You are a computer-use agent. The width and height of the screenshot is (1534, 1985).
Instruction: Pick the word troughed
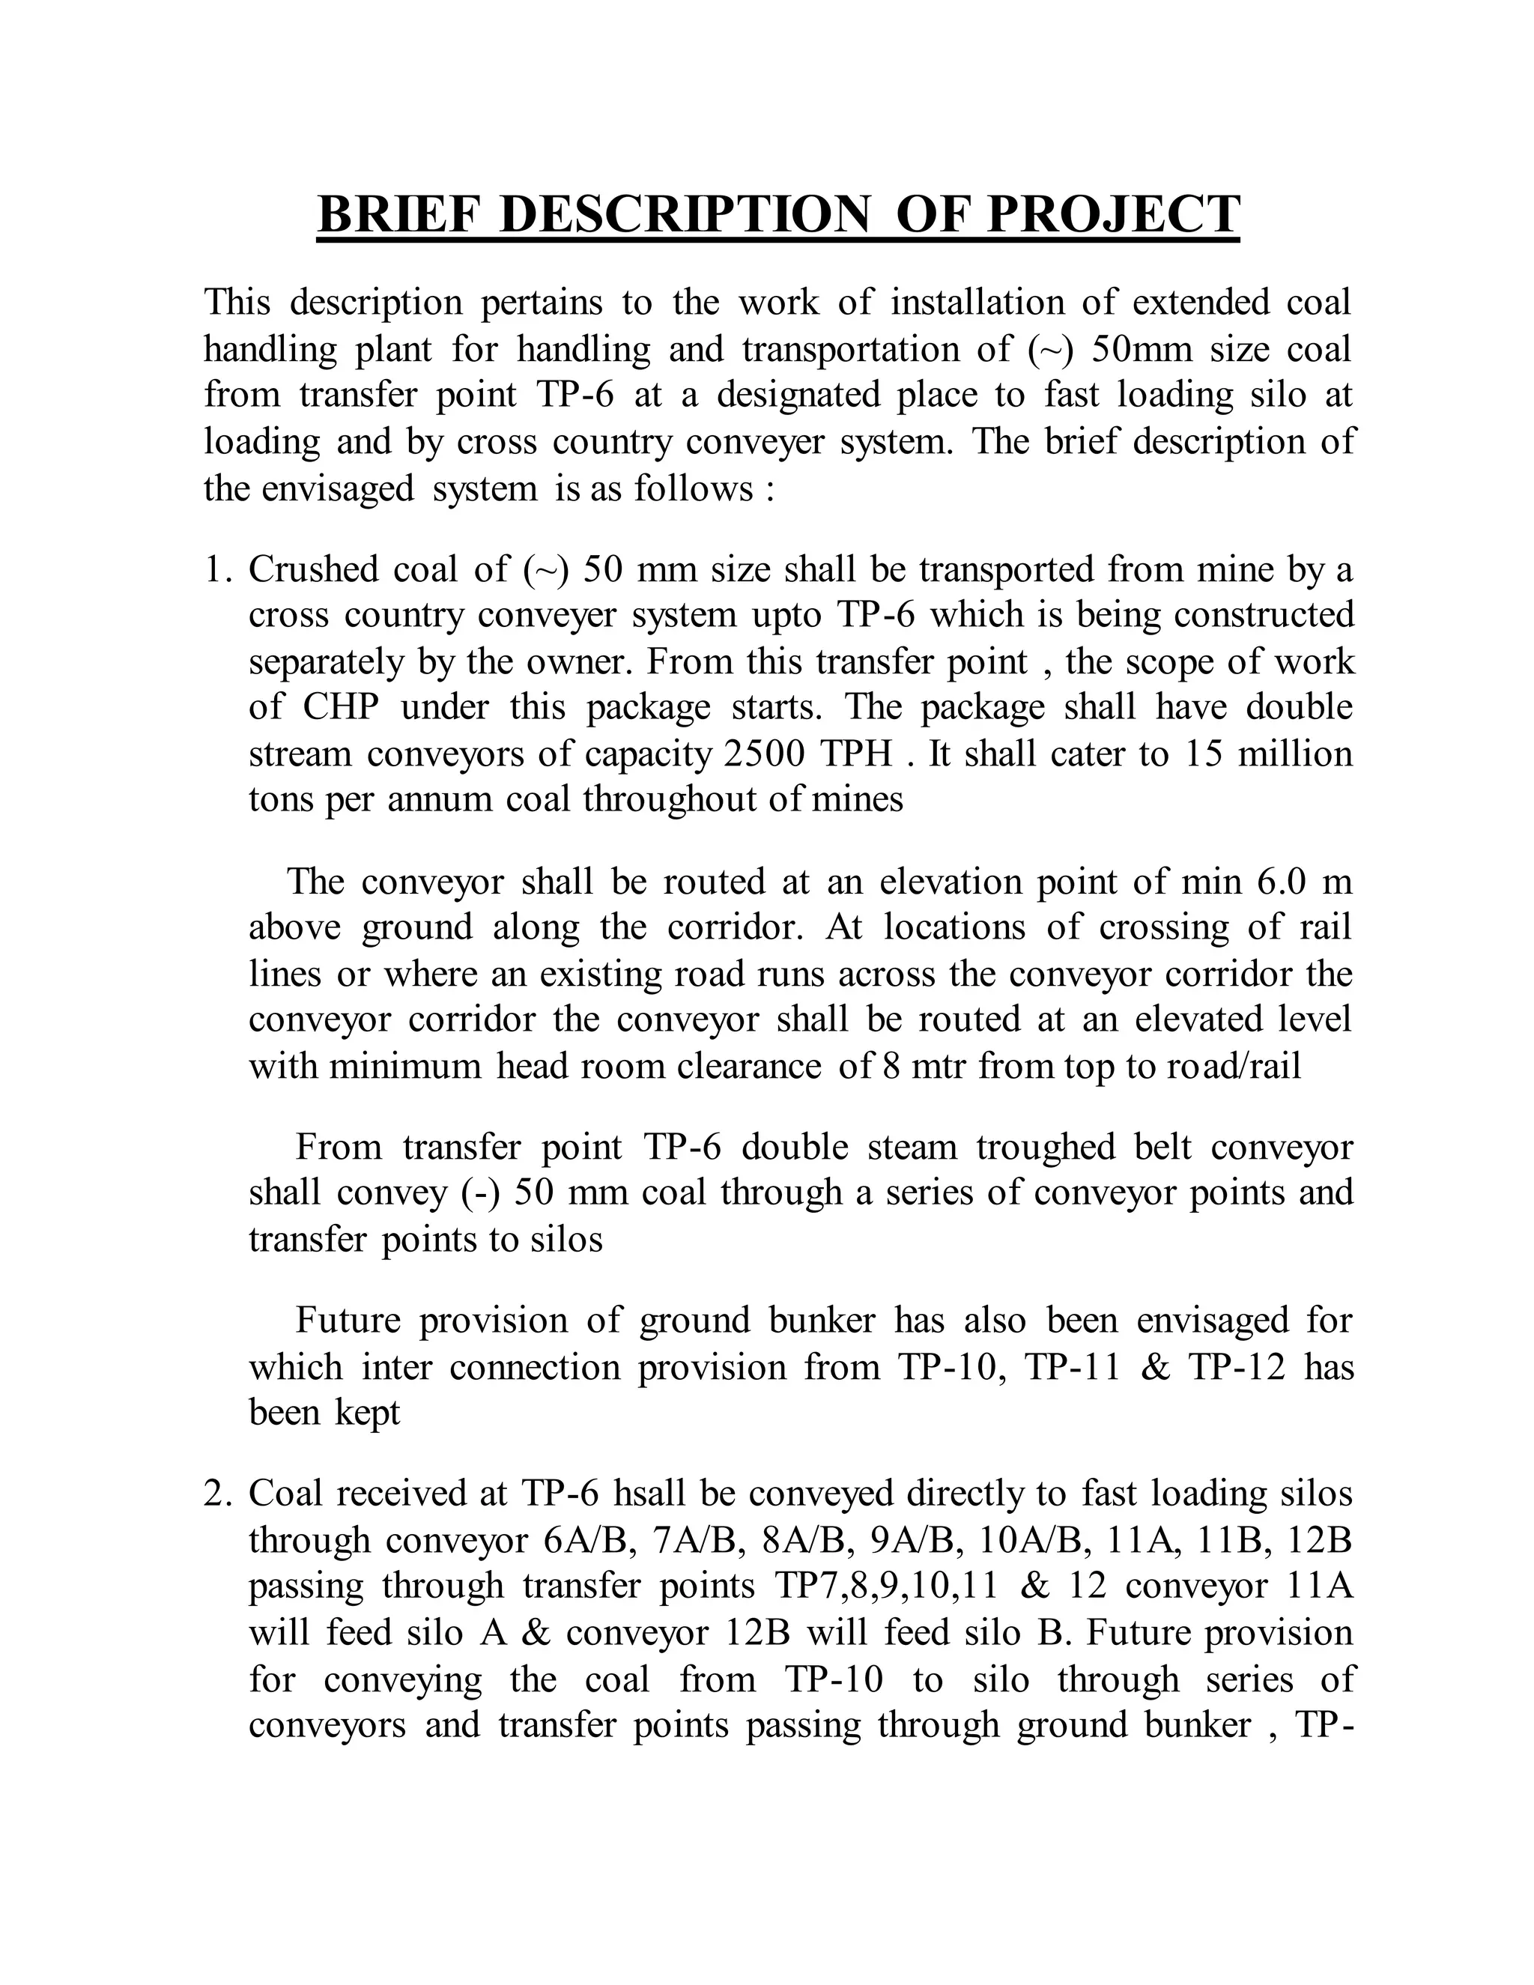(1045, 1148)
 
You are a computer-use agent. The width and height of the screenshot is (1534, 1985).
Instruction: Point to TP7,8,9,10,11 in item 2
(887, 1586)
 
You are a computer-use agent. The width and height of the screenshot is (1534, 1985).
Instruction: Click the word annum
(443, 801)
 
